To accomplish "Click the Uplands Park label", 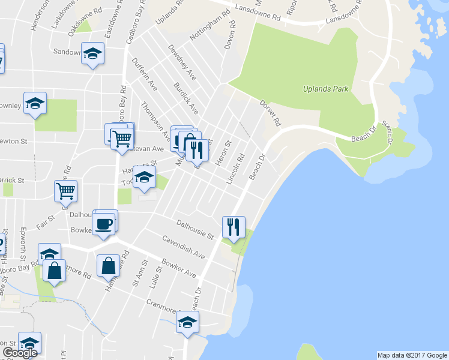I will coord(327,89).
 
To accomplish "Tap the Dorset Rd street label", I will coord(270,112).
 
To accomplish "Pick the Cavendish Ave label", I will coord(183,247).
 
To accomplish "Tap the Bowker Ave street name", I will coord(179,268).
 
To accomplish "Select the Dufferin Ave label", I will coord(144,75).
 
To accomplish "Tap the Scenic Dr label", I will coord(387,131).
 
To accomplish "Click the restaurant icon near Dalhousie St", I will coord(234,227).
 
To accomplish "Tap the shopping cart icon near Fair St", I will coord(65,191).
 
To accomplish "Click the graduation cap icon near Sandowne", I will coord(92,53).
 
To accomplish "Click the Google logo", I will coord(20,353).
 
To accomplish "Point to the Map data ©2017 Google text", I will coord(412,355).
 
